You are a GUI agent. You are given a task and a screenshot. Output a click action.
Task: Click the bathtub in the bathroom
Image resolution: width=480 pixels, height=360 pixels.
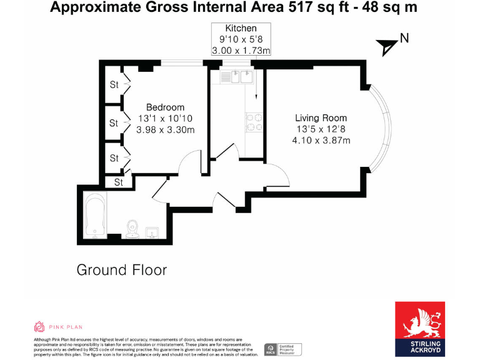[94, 216]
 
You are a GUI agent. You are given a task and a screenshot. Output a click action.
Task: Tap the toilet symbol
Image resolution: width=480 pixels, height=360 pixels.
[131, 229]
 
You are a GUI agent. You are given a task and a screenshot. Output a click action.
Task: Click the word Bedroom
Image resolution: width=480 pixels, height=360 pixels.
[165, 107]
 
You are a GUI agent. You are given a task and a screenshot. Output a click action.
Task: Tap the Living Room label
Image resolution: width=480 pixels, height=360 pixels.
[321, 117]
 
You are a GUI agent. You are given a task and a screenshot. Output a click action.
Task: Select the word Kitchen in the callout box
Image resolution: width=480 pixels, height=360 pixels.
[241, 29]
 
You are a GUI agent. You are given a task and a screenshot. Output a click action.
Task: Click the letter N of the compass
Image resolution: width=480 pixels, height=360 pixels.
[404, 38]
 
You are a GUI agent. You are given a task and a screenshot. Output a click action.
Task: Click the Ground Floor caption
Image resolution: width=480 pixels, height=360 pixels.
[121, 270]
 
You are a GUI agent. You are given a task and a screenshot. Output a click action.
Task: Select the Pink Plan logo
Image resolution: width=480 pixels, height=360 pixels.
[57, 326]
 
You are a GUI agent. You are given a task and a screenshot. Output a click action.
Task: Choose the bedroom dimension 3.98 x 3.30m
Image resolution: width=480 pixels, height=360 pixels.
[166, 130]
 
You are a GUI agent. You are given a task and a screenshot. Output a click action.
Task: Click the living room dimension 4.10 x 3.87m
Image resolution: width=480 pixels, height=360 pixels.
[321, 140]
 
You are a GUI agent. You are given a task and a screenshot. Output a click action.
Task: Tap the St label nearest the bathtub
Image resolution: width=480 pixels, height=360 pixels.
[117, 182]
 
